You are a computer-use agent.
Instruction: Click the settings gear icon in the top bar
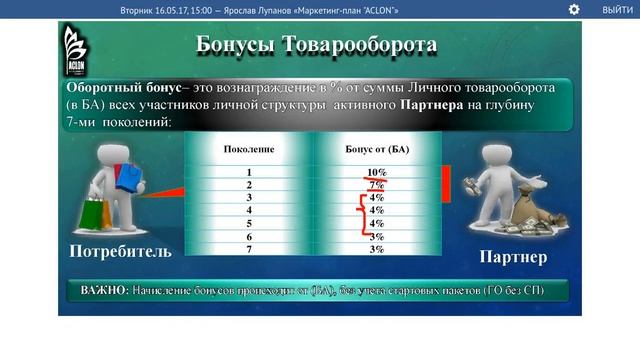574,9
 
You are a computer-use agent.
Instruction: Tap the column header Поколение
248,149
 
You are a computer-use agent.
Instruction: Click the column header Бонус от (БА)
377,149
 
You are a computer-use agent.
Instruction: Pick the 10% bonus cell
376,172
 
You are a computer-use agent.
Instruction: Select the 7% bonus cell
376,185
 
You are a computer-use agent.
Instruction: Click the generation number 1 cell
248,172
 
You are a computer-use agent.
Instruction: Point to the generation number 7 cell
248,249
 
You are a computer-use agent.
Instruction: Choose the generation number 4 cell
248,210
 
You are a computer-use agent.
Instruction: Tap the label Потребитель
113,250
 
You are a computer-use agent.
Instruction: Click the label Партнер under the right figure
513,257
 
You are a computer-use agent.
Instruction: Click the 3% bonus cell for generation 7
376,249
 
